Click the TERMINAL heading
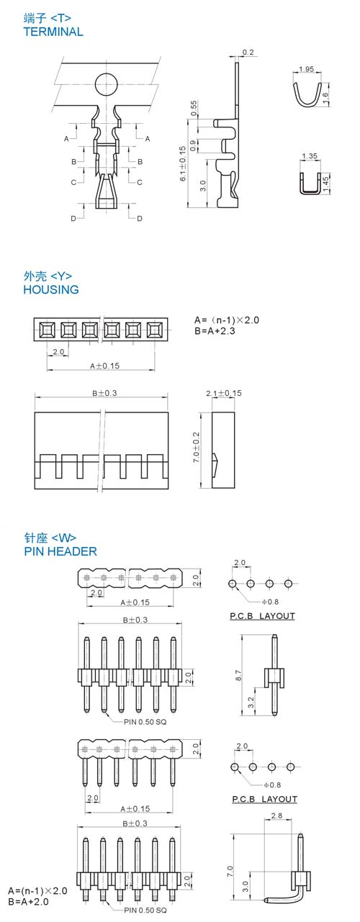53,32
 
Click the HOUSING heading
51,289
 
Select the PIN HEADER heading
60,551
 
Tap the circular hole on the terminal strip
107,84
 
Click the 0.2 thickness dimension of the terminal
248,53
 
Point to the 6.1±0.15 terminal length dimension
183,163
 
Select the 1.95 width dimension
306,69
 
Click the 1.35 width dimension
310,156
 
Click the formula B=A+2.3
215,330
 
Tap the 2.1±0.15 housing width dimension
224,393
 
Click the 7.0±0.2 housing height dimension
196,447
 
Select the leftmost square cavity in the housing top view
48,330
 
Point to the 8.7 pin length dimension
238,675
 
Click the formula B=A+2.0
28,901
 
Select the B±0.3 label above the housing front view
104,393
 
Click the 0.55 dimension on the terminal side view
194,108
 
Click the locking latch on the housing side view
215,460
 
